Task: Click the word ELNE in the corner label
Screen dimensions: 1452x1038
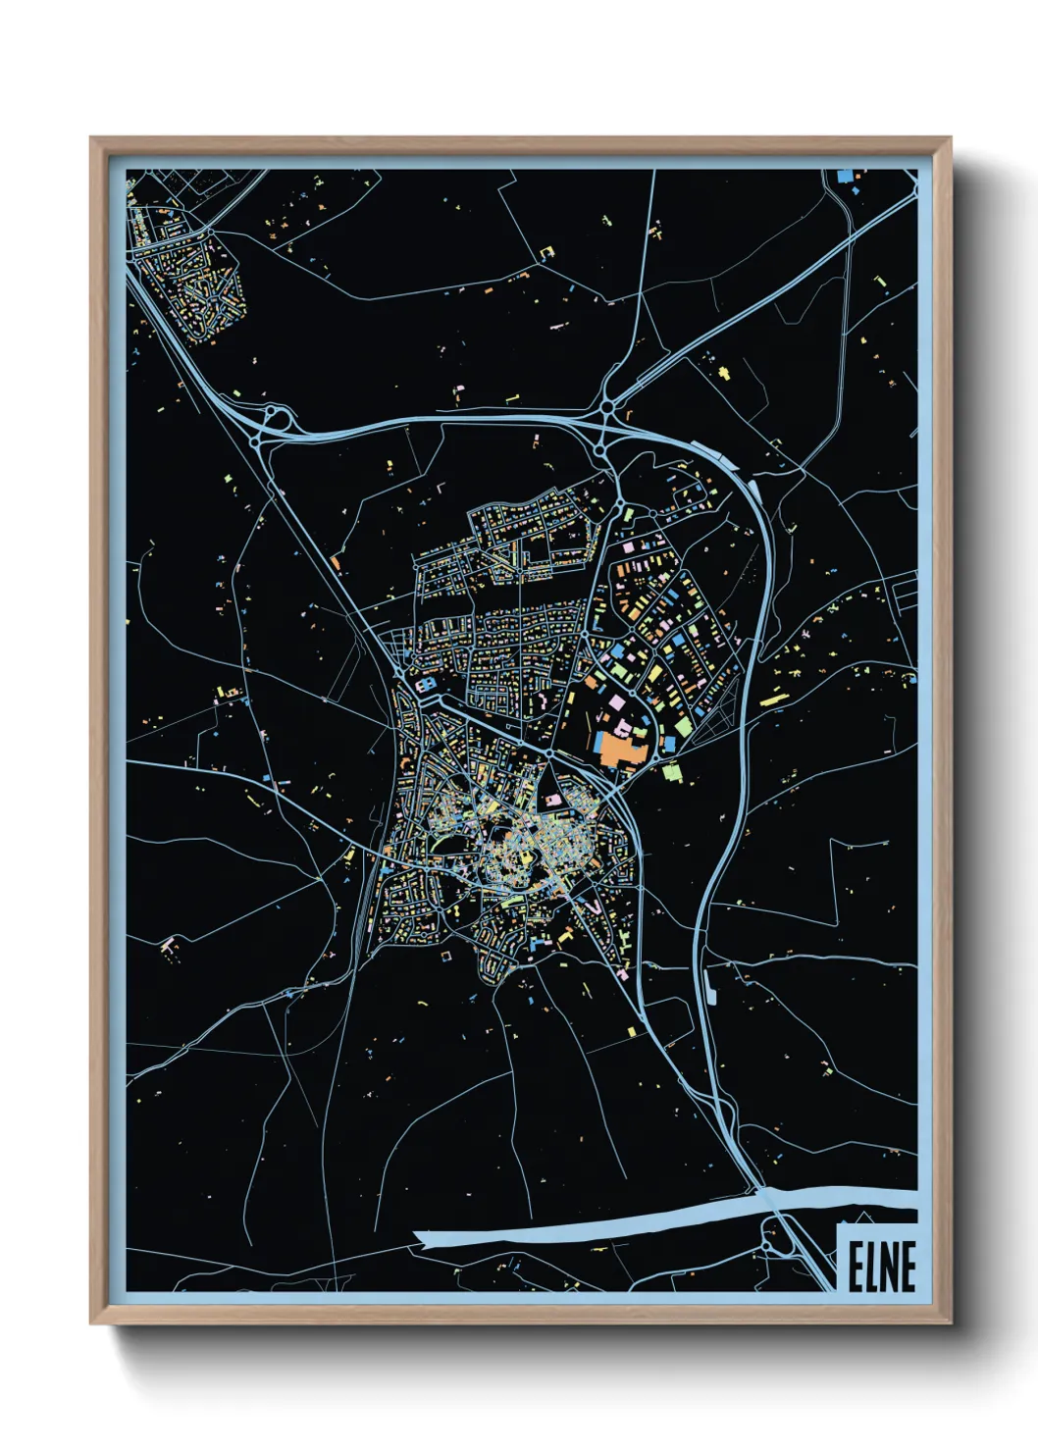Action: pos(881,1267)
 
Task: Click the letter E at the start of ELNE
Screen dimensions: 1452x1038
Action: pos(855,1267)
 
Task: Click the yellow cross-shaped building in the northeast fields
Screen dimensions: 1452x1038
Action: pos(725,374)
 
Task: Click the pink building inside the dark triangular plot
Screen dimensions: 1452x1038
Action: pos(553,802)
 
